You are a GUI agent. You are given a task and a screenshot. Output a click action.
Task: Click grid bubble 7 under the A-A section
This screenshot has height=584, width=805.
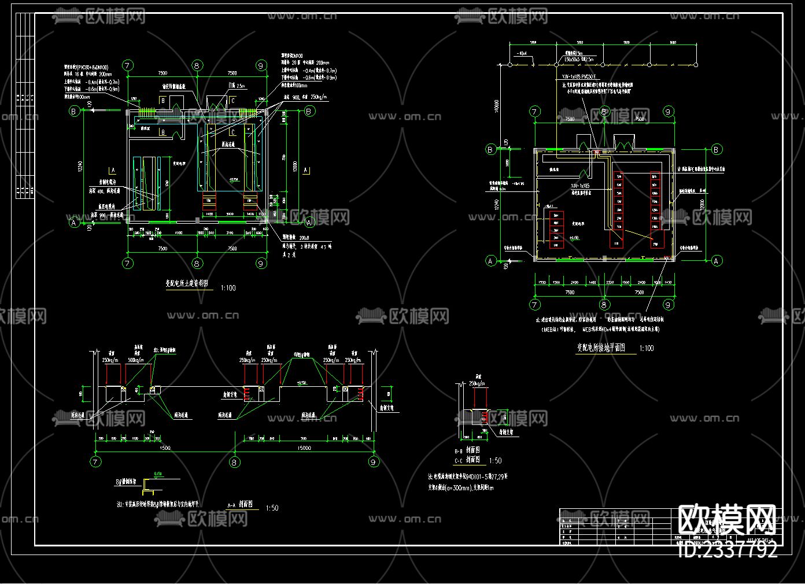96,462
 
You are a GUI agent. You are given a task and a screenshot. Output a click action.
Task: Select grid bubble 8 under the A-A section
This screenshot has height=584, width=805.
234,462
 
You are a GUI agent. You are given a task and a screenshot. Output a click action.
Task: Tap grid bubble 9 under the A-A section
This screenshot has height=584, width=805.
373,462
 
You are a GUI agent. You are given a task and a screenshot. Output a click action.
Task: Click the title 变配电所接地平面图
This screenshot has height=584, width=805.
601,348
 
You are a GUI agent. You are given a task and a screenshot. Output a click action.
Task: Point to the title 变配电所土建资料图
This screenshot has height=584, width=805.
187,284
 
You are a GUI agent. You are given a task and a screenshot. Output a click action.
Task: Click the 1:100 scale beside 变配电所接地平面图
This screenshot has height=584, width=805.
647,349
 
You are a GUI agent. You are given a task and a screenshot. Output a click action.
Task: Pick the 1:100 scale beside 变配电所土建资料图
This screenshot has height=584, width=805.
228,288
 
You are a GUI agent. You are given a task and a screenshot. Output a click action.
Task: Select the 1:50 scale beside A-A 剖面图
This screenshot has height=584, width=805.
272,508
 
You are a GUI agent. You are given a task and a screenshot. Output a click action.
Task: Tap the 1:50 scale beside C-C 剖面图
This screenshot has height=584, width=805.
495,461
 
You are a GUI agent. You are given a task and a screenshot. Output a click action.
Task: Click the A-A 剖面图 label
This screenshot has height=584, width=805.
243,505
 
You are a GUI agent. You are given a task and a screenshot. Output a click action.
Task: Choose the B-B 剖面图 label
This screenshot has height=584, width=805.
467,450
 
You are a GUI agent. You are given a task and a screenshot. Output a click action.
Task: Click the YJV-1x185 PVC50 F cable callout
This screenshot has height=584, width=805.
578,76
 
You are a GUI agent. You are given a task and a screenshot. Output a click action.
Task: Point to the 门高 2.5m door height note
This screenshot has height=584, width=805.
237,86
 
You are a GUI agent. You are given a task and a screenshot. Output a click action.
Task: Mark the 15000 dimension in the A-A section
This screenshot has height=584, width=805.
304,448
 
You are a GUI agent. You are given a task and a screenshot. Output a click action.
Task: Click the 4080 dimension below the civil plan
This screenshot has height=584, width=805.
179,231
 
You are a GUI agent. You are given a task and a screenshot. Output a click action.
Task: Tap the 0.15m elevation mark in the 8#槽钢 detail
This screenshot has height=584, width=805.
158,474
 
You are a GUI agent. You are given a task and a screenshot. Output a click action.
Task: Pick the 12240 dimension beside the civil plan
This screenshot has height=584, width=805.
80,167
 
